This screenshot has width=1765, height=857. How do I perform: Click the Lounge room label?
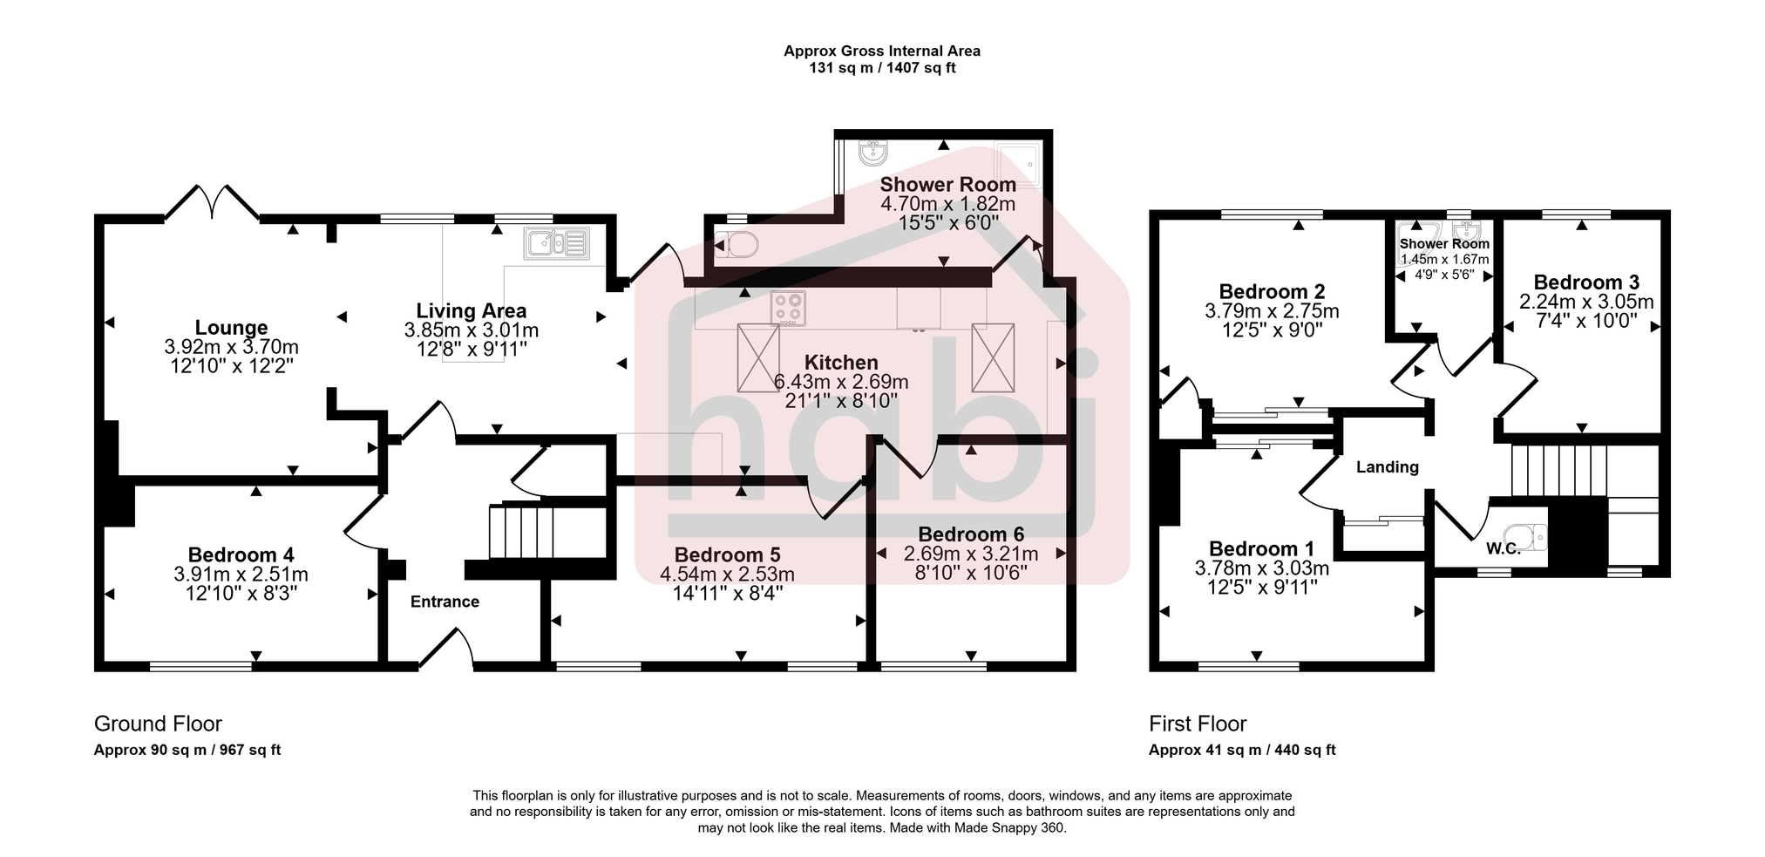tap(231, 328)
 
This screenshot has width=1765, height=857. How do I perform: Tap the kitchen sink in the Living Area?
tap(557, 242)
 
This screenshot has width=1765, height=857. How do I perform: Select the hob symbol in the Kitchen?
tap(789, 309)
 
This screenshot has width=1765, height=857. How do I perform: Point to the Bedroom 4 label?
tap(241, 555)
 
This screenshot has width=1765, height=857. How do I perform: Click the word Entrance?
tap(445, 602)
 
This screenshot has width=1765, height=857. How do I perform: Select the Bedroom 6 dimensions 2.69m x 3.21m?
tap(971, 554)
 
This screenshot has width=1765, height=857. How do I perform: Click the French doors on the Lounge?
tap(212, 202)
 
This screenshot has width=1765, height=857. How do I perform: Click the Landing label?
tap(1387, 467)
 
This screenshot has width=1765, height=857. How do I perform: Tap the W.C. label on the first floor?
tap(1503, 549)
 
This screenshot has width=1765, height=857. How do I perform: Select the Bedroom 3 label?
tap(1585, 282)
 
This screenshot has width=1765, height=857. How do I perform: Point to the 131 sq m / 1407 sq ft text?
tap(882, 68)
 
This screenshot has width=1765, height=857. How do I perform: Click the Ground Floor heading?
tap(158, 724)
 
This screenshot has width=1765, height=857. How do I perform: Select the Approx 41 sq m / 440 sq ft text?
tap(1241, 750)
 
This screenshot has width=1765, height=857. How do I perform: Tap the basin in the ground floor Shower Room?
tap(872, 154)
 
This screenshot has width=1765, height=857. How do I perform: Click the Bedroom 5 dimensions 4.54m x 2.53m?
tap(727, 575)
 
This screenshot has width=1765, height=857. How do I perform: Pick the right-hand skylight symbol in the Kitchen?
tap(993, 357)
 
